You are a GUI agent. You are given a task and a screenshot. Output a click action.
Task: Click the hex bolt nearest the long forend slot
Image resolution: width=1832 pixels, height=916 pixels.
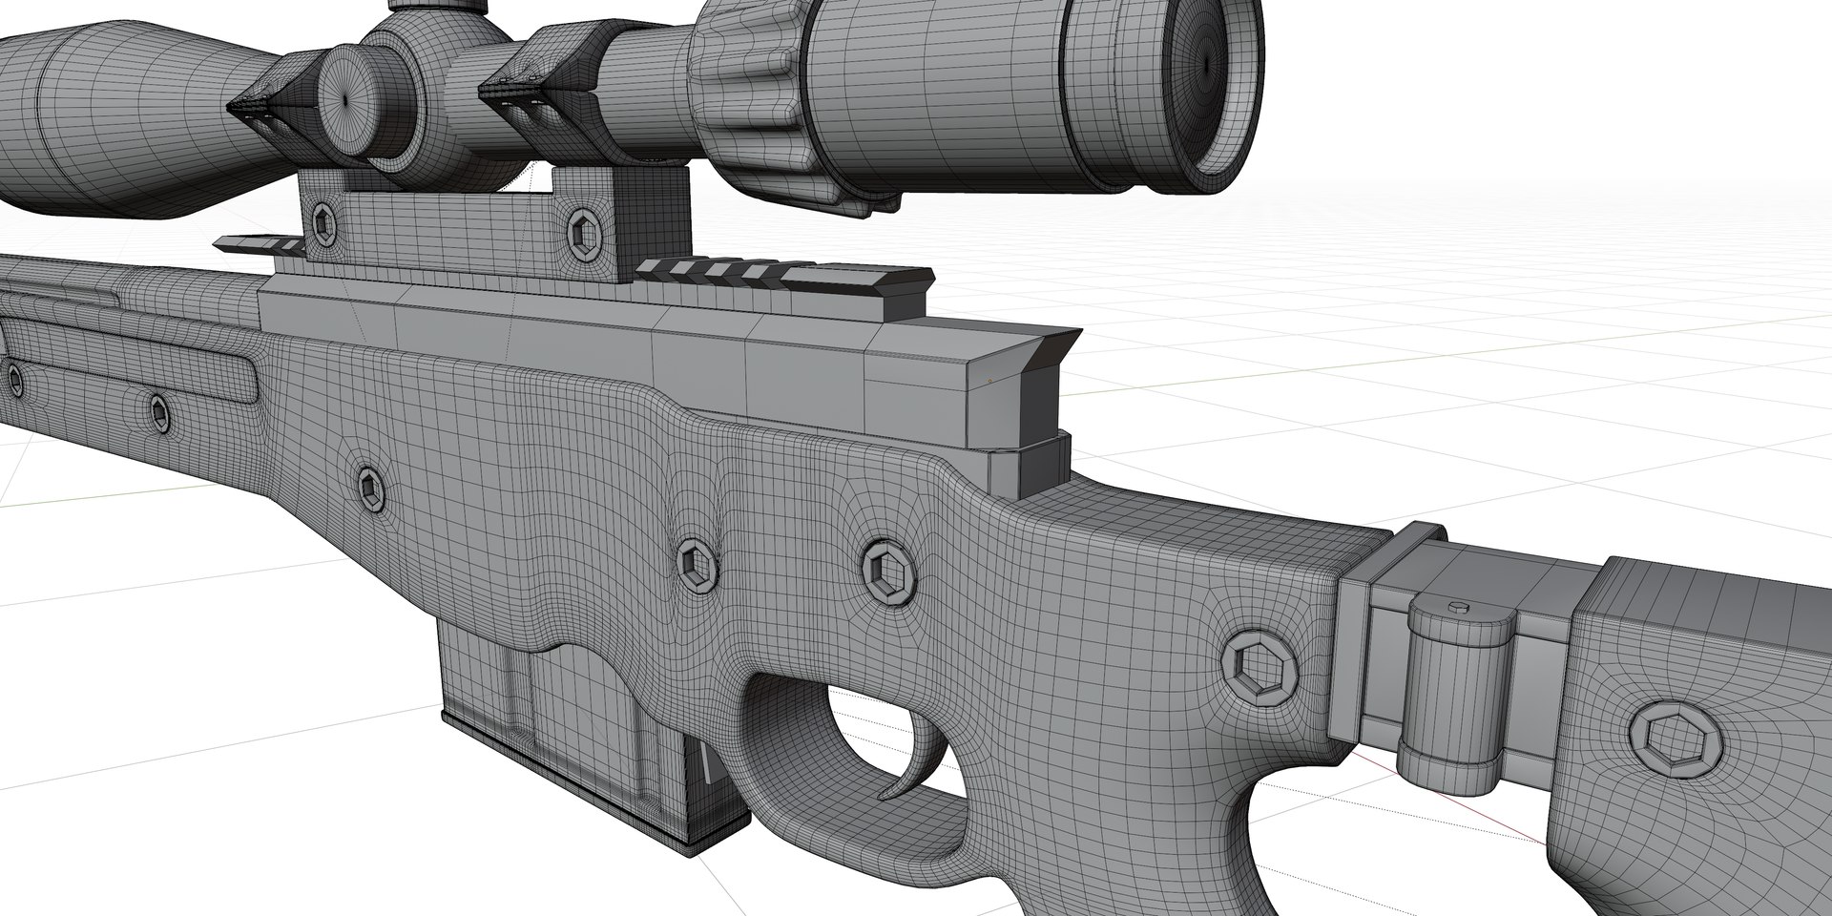160,411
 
